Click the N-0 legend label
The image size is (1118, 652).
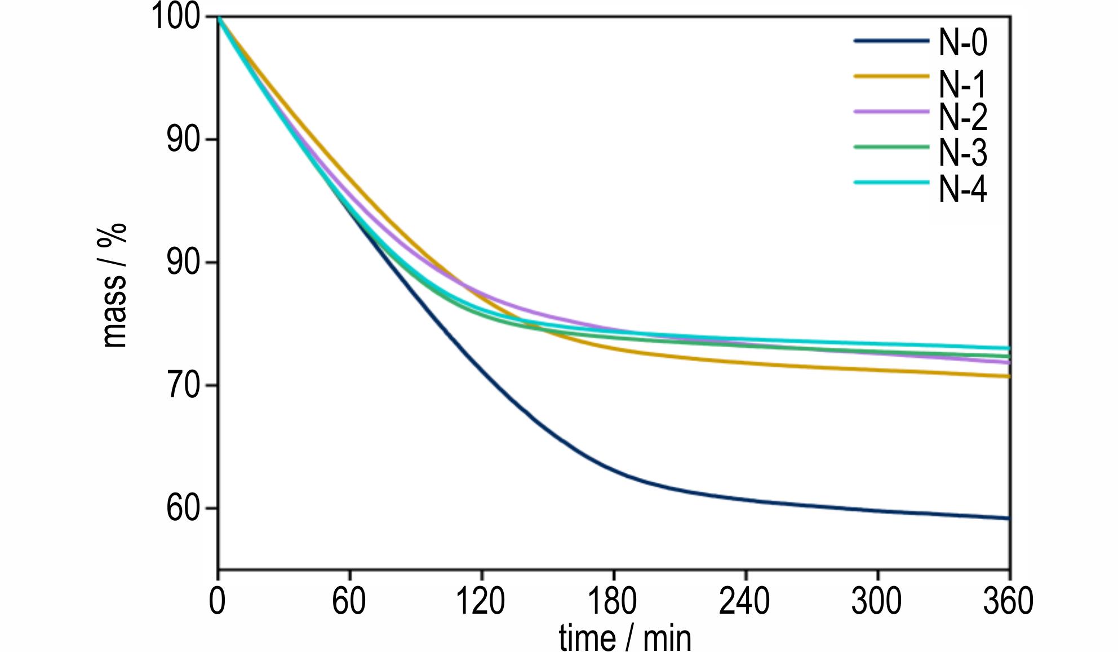[962, 43]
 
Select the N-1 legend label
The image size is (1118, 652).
[962, 84]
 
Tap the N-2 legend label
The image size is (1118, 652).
[962, 117]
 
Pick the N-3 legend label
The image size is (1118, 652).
[962, 152]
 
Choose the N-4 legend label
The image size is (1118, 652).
[962, 188]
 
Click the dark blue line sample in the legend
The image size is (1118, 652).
[891, 41]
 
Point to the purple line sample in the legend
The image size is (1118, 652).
[891, 112]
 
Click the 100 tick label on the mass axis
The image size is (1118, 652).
[176, 17]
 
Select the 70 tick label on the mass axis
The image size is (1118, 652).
[184, 386]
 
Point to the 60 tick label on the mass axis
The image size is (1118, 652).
[184, 509]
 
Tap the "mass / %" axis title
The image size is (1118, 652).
[115, 286]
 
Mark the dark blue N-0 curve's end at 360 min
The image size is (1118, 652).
[1009, 518]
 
